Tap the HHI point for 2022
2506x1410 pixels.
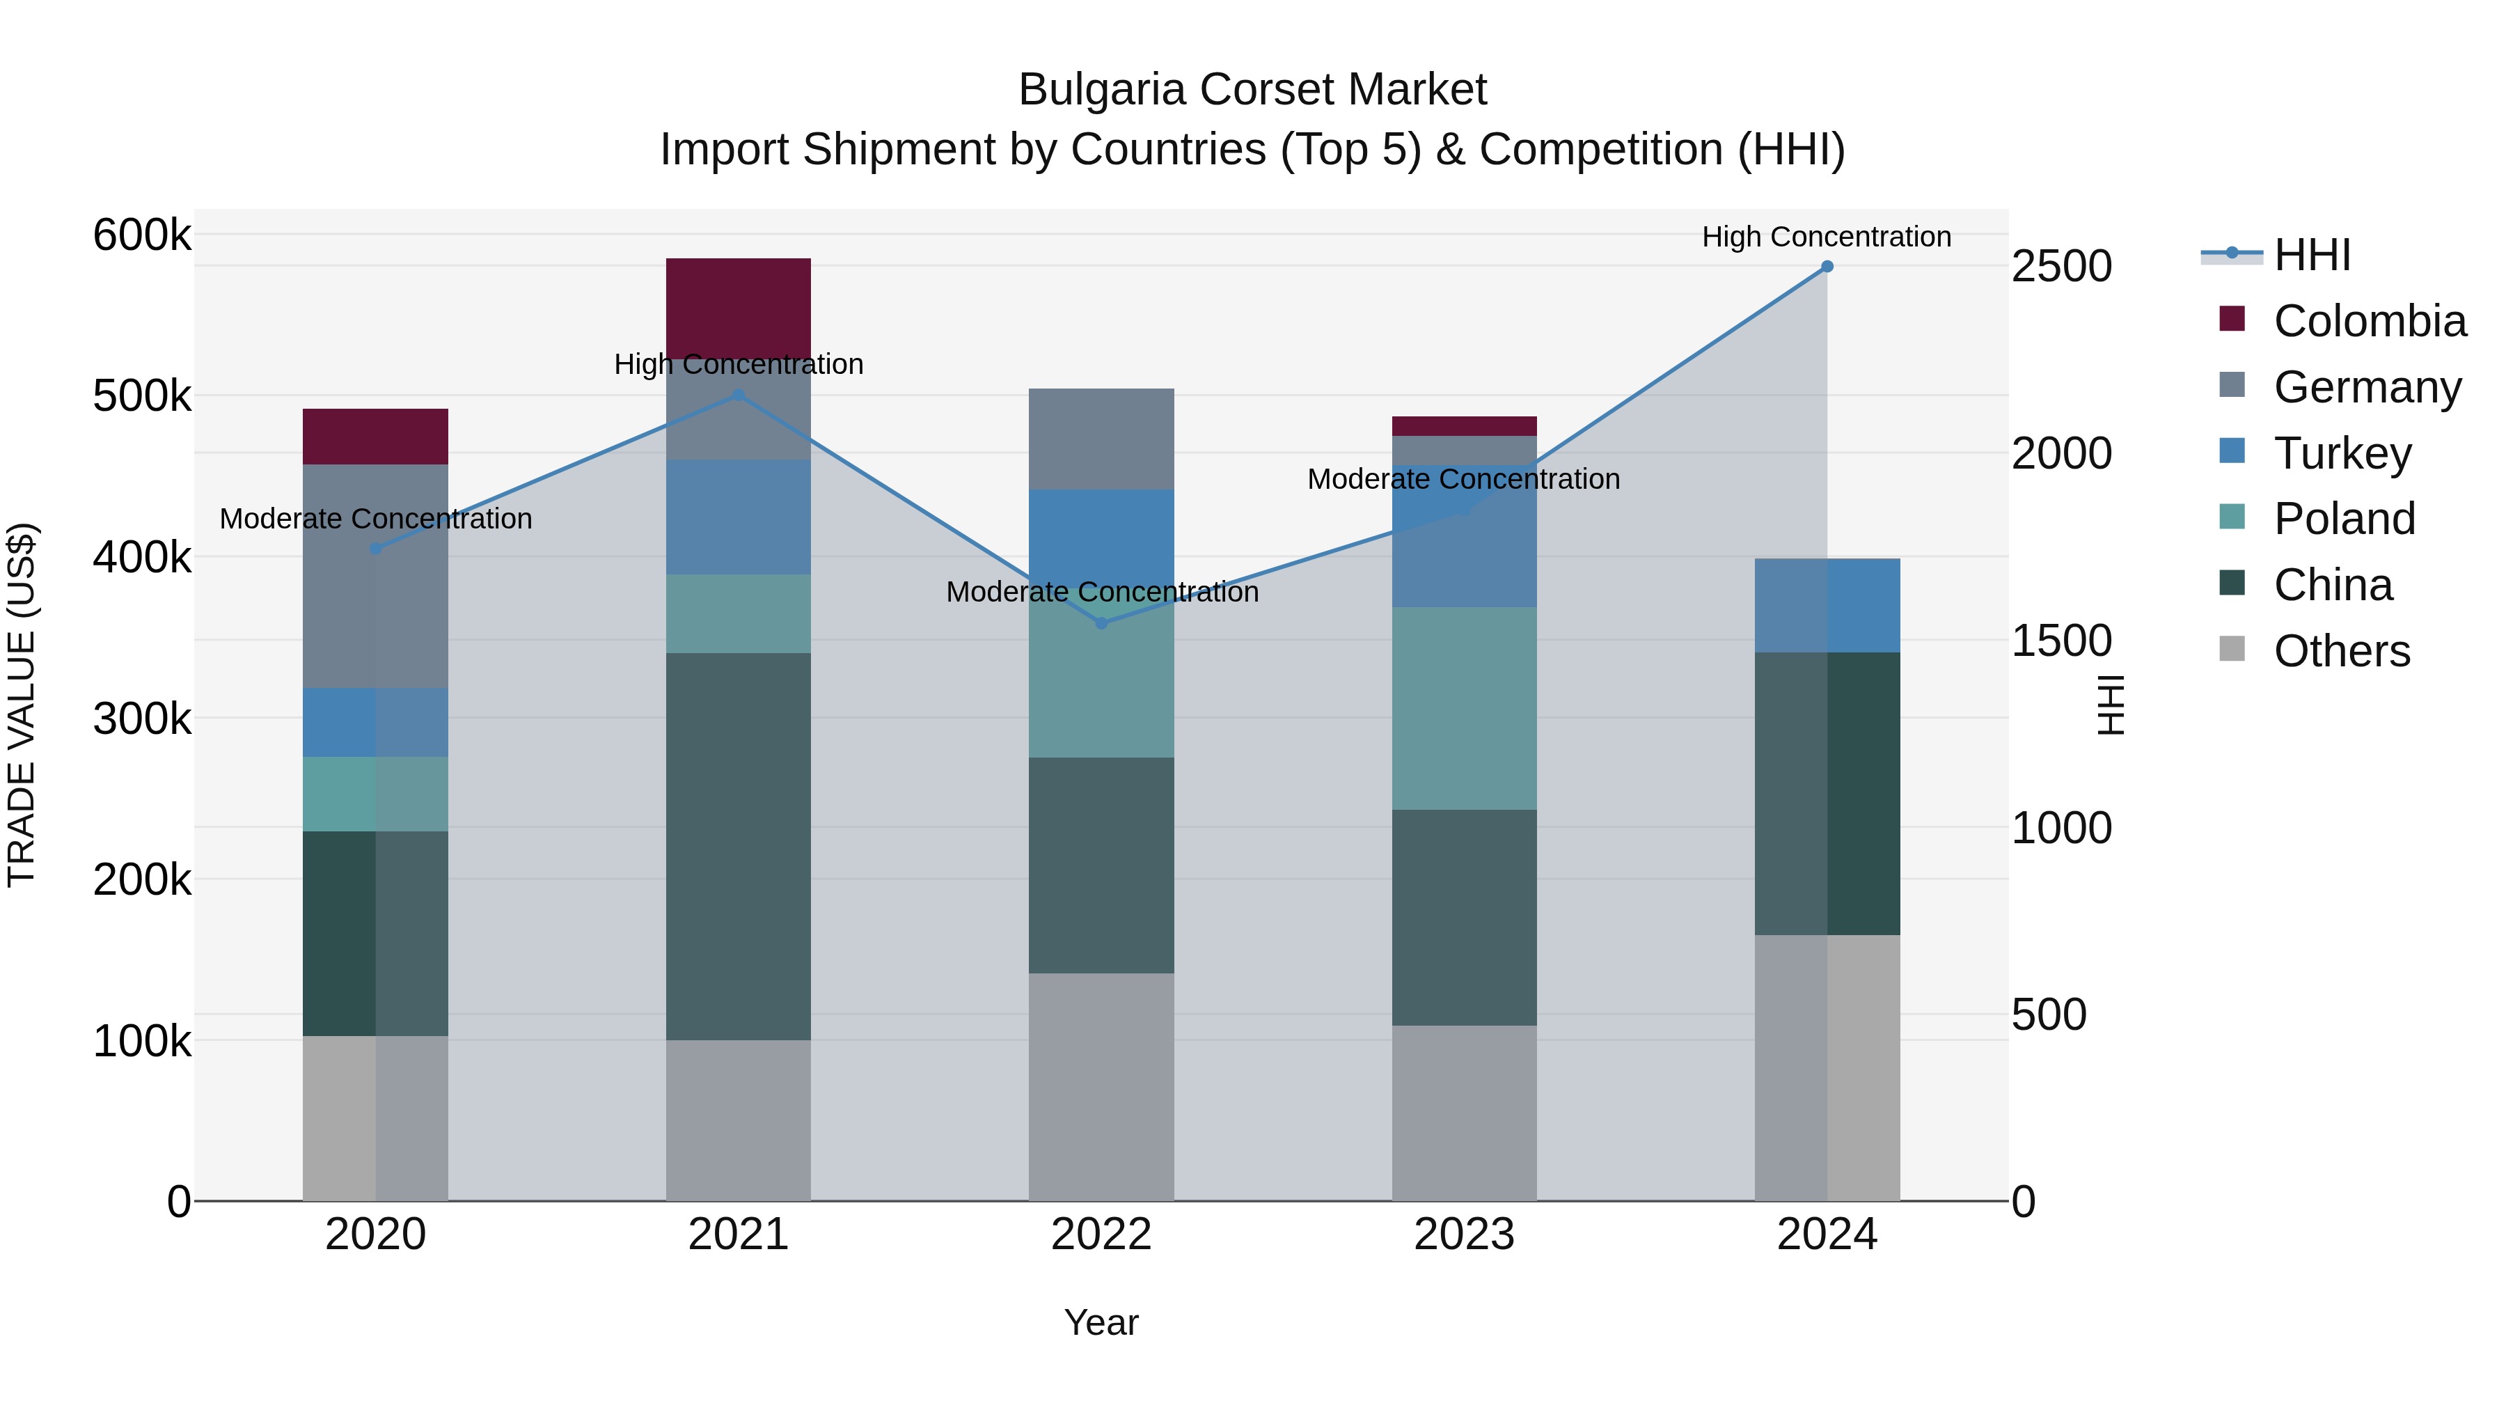pyautogui.click(x=1101, y=622)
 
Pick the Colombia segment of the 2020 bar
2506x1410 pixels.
pyautogui.click(x=375, y=436)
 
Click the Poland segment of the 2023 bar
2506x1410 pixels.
pyautogui.click(x=1463, y=707)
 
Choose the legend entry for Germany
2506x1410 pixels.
pyautogui.click(x=2366, y=387)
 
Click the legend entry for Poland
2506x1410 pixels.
pyautogui.click(x=2344, y=519)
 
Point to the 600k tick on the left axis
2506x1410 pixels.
pyautogui.click(x=141, y=235)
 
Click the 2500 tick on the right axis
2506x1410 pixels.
pyautogui.click(x=2060, y=267)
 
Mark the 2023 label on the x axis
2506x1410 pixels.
pyautogui.click(x=1463, y=1235)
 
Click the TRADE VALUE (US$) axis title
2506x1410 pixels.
pyautogui.click(x=22, y=705)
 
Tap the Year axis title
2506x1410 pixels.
pyautogui.click(x=1101, y=1322)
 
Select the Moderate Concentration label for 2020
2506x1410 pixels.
pyautogui.click(x=375, y=519)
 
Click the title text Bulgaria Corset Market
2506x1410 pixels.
pyautogui.click(x=1252, y=90)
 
